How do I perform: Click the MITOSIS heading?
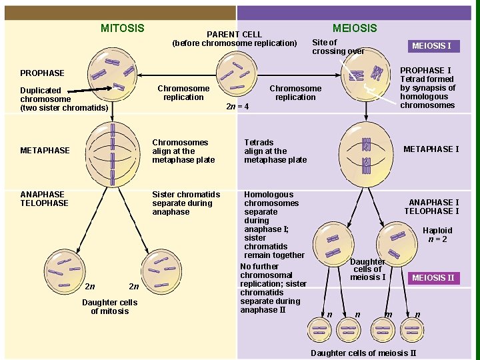pyautogui.click(x=122, y=28)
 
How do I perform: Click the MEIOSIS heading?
pyautogui.click(x=355, y=28)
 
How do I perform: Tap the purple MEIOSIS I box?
pyautogui.click(x=431, y=46)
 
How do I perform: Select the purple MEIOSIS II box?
pyautogui.click(x=433, y=278)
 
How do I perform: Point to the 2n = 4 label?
pyautogui.click(x=237, y=106)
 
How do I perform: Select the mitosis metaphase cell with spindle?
pyautogui.click(x=112, y=151)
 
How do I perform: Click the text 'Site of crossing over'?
pyautogui.click(x=338, y=47)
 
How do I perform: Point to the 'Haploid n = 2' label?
pyautogui.click(x=437, y=235)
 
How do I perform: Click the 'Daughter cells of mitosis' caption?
pyautogui.click(x=109, y=307)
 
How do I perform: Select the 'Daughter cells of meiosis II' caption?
pyautogui.click(x=363, y=353)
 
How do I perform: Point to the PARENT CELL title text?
pyautogui.click(x=234, y=34)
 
